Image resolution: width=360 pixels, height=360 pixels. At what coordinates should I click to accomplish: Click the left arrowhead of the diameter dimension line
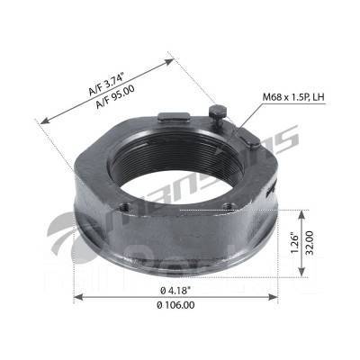tap(76, 297)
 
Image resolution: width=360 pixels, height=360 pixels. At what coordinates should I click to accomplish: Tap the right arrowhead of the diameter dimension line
tap(278, 297)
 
